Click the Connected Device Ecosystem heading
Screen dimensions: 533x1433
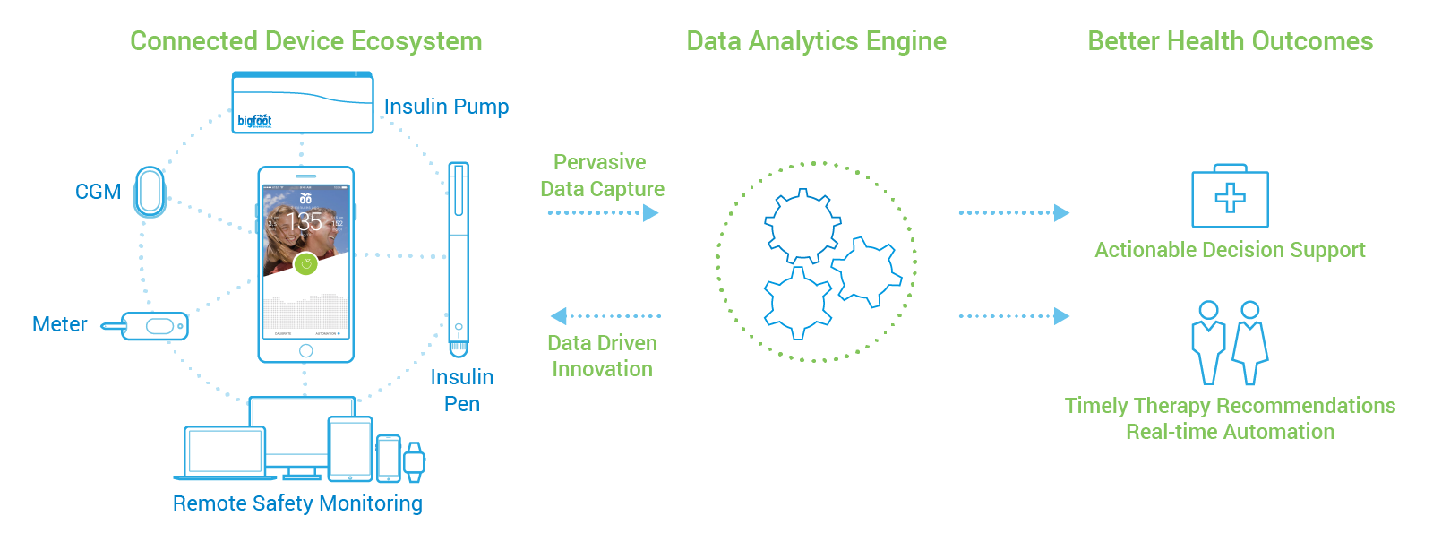[x=305, y=41]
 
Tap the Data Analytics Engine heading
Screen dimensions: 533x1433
[x=816, y=41]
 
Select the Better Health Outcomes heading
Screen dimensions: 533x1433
[x=1230, y=41]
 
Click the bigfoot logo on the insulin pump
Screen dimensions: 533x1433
[x=254, y=120]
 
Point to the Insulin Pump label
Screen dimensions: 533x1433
[x=446, y=107]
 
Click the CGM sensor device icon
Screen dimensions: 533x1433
[x=150, y=192]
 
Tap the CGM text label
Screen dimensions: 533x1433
[x=98, y=192]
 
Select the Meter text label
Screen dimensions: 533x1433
[x=59, y=324]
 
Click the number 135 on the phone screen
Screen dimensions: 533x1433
[x=304, y=221]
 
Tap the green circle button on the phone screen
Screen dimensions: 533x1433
[x=306, y=263]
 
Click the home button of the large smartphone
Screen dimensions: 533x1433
[x=306, y=350]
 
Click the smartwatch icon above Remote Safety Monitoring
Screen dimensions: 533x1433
[x=414, y=461]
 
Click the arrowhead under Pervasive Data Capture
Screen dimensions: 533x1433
[x=651, y=213]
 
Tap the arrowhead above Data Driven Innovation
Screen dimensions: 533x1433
[x=559, y=316]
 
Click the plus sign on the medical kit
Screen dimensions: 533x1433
[x=1230, y=198]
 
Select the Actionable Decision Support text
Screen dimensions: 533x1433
[x=1230, y=250]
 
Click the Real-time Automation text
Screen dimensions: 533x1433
[x=1230, y=432]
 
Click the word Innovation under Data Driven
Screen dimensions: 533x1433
[x=602, y=369]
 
